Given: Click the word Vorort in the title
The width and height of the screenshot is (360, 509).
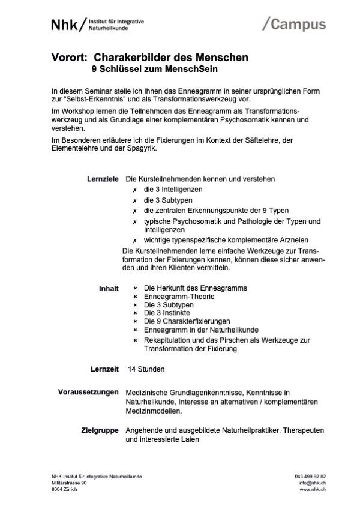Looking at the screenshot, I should pyautogui.click(x=69, y=58).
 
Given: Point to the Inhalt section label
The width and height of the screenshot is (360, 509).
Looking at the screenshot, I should pyautogui.click(x=109, y=288).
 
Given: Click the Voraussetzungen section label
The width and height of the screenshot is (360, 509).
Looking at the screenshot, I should pyautogui.click(x=88, y=393).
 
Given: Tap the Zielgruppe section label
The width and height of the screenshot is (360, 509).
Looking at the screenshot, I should pyautogui.click(x=100, y=430).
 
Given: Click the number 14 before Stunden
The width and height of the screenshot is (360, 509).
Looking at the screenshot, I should pyautogui.click(x=132, y=368).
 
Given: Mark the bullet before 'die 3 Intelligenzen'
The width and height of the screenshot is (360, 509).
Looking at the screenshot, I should pyautogui.click(x=135, y=190).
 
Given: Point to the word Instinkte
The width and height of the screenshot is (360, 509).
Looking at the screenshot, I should pyautogui.click(x=177, y=313).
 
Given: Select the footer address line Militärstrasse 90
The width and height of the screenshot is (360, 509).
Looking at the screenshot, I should pyautogui.click(x=69, y=483).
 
